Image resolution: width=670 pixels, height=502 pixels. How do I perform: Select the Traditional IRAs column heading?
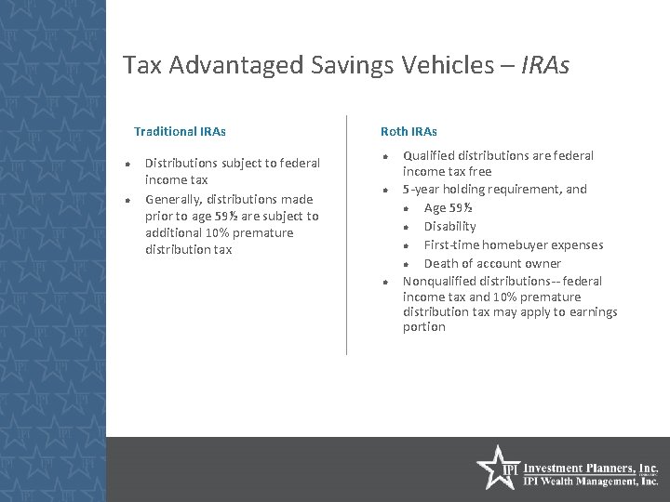pos(180,132)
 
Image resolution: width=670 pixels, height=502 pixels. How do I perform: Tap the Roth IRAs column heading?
pos(409,132)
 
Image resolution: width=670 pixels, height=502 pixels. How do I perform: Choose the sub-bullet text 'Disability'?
pos(449,226)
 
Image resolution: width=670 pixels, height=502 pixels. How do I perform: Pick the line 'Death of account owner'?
pos(492,263)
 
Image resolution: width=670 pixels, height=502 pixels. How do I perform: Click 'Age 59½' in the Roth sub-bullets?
pos(447,207)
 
